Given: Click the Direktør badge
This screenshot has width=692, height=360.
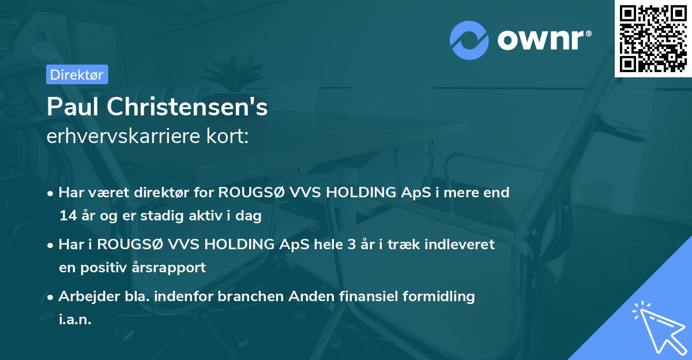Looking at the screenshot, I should click(x=77, y=74).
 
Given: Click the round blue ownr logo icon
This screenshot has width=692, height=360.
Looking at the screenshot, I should click(x=469, y=40).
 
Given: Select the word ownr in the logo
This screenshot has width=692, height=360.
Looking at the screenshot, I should click(x=542, y=41).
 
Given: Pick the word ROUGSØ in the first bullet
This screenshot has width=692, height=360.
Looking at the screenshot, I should click(x=250, y=192).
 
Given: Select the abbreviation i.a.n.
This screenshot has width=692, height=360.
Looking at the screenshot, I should click(x=75, y=320).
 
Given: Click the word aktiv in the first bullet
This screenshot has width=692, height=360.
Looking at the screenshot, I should click(x=207, y=216).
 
